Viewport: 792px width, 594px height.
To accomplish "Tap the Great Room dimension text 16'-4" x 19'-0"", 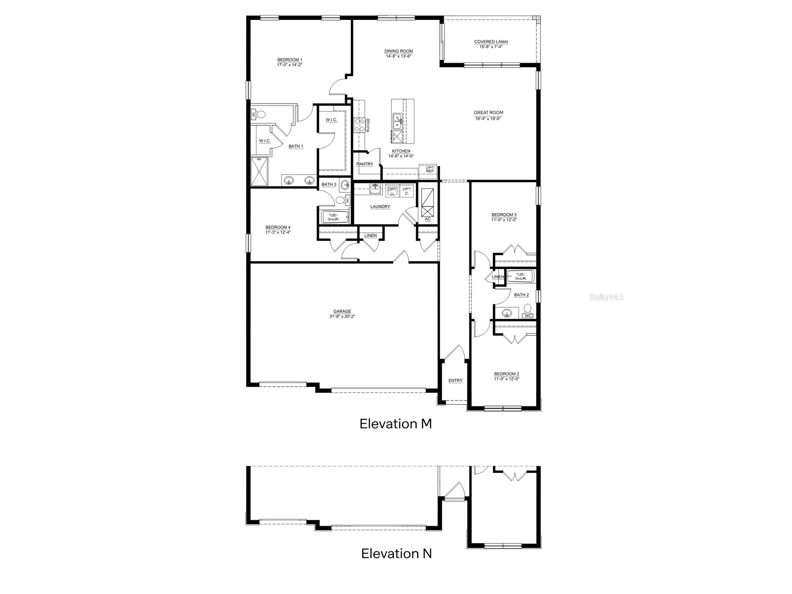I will point(488,118).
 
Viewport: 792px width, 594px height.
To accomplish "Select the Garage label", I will point(342,312).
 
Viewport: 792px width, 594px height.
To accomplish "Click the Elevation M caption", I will point(395,424).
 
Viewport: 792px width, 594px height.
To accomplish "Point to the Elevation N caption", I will point(396,554).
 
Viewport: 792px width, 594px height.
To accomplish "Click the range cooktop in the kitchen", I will point(359,125).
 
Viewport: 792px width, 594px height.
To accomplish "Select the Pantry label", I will point(365,164).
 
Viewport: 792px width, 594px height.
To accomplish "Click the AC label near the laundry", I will point(428,219).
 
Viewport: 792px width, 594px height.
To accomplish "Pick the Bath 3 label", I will point(329,184).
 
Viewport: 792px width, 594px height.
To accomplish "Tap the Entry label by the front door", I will point(455,381).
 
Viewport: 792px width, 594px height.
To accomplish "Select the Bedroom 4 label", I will point(278,227).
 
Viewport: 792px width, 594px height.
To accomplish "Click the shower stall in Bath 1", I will point(259,172).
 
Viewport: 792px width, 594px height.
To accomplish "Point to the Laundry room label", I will point(380,207).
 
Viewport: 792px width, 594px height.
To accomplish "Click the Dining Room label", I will point(398,51).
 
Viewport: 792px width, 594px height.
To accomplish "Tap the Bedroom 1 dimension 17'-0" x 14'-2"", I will point(290,65).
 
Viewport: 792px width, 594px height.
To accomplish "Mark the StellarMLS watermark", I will point(606,297).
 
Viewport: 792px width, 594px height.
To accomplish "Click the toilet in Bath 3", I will point(342,200).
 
